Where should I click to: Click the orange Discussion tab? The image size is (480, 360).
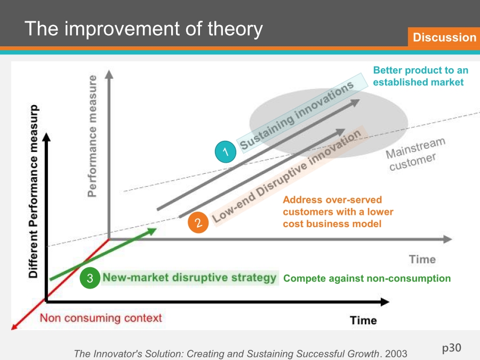click(x=444, y=37)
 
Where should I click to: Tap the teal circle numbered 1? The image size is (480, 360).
click(x=226, y=151)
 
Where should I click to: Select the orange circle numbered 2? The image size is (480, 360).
click(x=198, y=222)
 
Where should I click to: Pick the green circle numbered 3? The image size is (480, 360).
click(x=90, y=278)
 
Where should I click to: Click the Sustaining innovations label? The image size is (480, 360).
click(x=297, y=115)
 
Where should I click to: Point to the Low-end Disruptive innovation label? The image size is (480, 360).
click(x=286, y=176)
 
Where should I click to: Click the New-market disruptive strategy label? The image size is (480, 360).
click(x=189, y=277)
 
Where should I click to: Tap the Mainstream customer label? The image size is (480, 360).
click(x=415, y=154)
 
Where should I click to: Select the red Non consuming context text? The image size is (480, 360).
click(x=101, y=318)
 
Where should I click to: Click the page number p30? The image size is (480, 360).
click(x=452, y=348)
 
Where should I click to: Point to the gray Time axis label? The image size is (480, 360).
click(x=422, y=259)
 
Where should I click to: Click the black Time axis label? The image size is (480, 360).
click(x=363, y=320)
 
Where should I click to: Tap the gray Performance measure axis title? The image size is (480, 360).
click(x=92, y=136)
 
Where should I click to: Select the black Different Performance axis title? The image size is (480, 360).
click(x=33, y=191)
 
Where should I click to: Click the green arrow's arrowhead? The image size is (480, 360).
click(x=152, y=231)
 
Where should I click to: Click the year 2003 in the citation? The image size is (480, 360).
click(x=396, y=354)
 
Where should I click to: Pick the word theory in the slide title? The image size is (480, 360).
click(x=235, y=29)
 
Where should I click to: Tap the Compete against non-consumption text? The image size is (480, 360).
click(x=367, y=278)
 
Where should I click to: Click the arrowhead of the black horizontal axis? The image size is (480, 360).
click(x=385, y=302)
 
